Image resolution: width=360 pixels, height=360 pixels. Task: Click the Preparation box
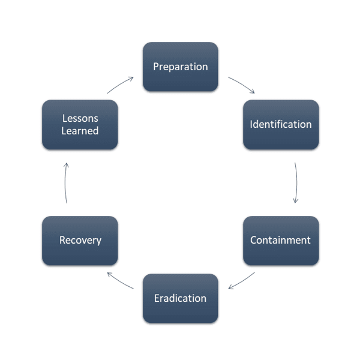tap(180, 67)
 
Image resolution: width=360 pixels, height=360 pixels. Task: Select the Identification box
tap(280, 125)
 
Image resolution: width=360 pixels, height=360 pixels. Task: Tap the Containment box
tap(280, 240)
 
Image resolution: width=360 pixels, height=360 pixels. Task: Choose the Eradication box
tap(180, 298)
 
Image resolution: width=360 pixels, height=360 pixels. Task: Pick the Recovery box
tap(80, 240)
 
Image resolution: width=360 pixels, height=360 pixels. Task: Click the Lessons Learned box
tap(80, 125)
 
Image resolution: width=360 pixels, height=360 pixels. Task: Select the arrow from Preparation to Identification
tap(242, 84)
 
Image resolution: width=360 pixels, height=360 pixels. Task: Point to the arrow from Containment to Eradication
tap(241, 281)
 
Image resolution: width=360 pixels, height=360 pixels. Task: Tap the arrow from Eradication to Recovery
tap(119, 280)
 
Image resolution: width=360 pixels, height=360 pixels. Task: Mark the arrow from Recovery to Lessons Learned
tap(65, 182)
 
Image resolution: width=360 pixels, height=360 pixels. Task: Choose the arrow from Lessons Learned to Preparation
tap(120, 84)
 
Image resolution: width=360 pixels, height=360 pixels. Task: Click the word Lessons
tap(80, 119)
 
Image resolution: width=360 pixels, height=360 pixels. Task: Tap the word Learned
tap(80, 131)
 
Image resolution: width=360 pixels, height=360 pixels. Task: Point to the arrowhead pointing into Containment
tap(295, 202)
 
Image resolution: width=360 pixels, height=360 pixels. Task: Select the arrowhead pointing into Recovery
tap(108, 274)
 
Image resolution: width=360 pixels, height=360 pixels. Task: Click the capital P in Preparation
tap(156, 67)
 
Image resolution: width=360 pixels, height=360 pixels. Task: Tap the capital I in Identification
tap(251, 125)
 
